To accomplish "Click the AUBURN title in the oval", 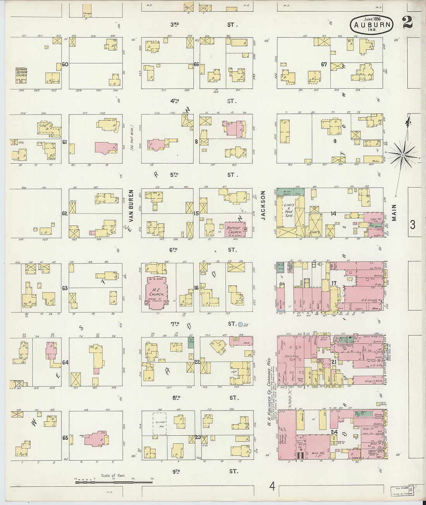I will [x=372, y=26].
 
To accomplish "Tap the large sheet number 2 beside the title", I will [x=407, y=23].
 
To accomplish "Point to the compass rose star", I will [x=402, y=156].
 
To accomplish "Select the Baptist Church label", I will [x=234, y=230].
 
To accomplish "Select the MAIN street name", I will [x=394, y=212].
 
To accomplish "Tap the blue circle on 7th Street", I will [x=240, y=324].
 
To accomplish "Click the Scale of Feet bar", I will [x=113, y=482].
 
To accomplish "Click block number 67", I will [x=324, y=64].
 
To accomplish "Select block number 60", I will [x=65, y=64].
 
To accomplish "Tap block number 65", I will [x=65, y=438].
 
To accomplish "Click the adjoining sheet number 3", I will [x=412, y=224].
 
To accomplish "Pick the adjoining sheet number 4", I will [x=272, y=486].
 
